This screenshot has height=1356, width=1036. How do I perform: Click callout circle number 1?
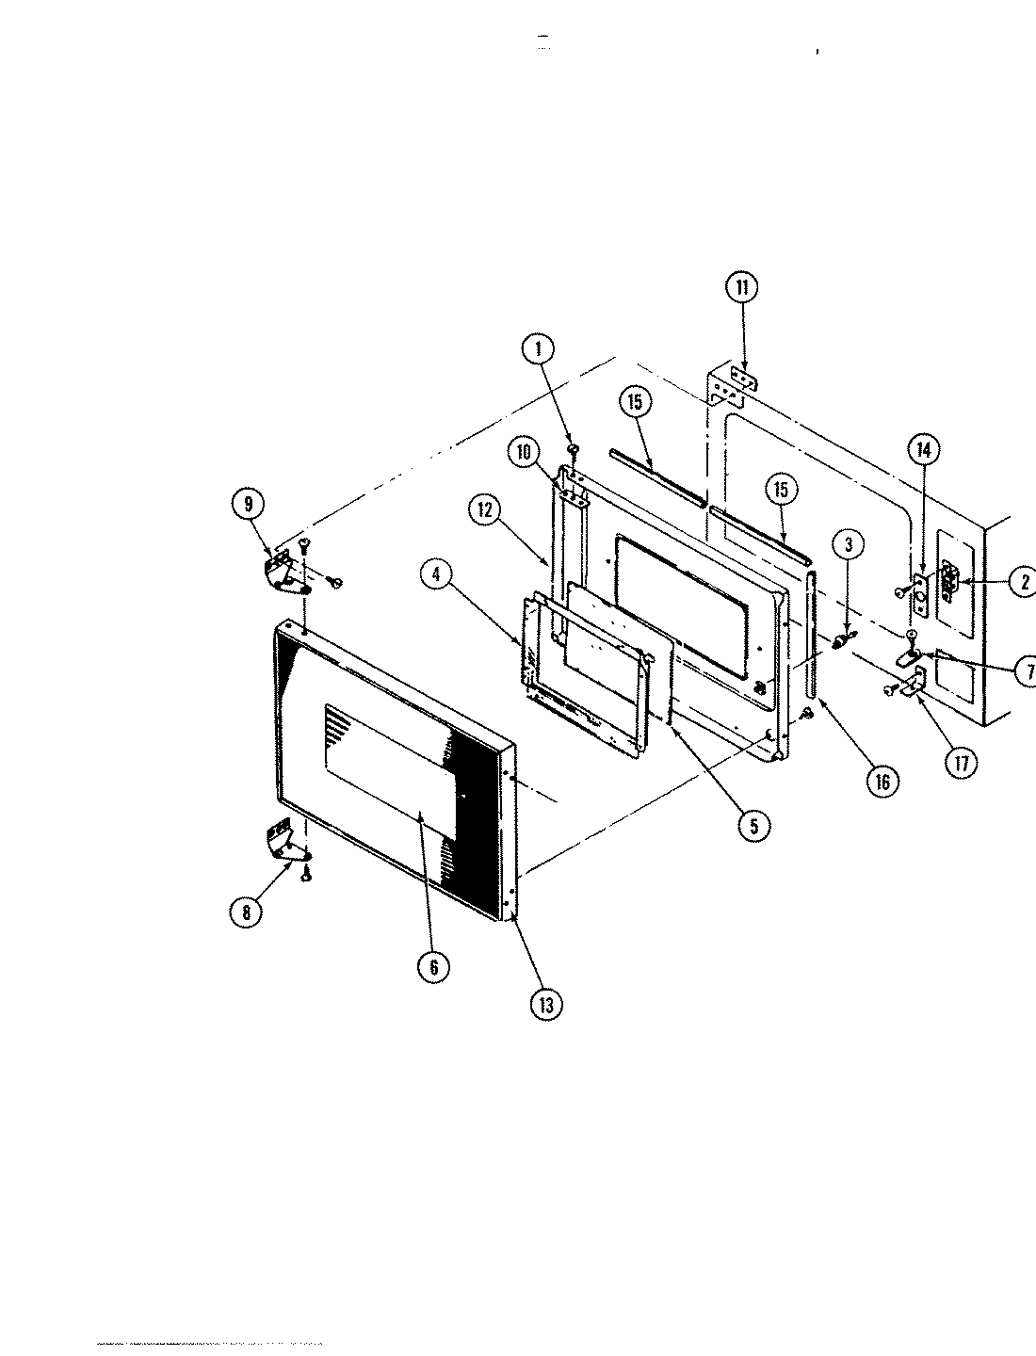[x=539, y=350]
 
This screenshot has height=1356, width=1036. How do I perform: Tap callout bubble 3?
[x=849, y=543]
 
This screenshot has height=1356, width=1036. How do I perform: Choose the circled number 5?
[x=753, y=825]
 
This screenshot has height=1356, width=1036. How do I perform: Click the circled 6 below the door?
[x=434, y=967]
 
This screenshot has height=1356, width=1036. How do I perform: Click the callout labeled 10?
[x=522, y=453]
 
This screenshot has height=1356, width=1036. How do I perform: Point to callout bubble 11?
[x=741, y=286]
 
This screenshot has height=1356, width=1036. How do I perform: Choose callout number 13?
[x=546, y=1004]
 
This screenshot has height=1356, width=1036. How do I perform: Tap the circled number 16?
[x=882, y=781]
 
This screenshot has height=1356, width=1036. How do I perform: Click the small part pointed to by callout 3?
[x=839, y=641]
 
